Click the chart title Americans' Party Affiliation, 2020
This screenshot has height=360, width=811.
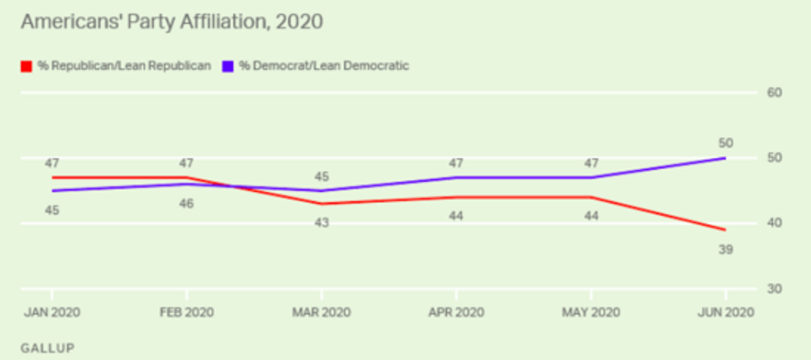[x=170, y=22]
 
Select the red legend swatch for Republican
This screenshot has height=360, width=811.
[x=26, y=65]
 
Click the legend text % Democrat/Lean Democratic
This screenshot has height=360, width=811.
[x=324, y=65]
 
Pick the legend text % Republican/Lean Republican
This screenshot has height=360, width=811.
[x=123, y=65]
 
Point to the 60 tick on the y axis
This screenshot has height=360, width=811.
[x=775, y=93]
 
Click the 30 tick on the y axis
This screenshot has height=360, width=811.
[x=775, y=289]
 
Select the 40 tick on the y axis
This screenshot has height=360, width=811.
[x=775, y=223]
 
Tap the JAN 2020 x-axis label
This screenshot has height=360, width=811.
[x=52, y=314]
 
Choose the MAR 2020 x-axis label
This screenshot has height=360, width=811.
[x=321, y=314]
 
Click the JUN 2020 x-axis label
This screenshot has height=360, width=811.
[x=726, y=314]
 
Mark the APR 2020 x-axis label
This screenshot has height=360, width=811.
[x=456, y=314]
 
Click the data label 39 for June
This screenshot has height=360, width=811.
[x=726, y=249]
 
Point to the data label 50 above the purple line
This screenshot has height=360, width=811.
[x=726, y=142]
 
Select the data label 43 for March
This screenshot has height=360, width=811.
[x=321, y=223]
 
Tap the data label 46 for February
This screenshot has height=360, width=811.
[x=187, y=203]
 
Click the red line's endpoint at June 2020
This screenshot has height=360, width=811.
[x=726, y=230]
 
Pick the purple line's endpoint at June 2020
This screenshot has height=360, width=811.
[x=726, y=158]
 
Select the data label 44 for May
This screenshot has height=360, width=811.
[x=591, y=216]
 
